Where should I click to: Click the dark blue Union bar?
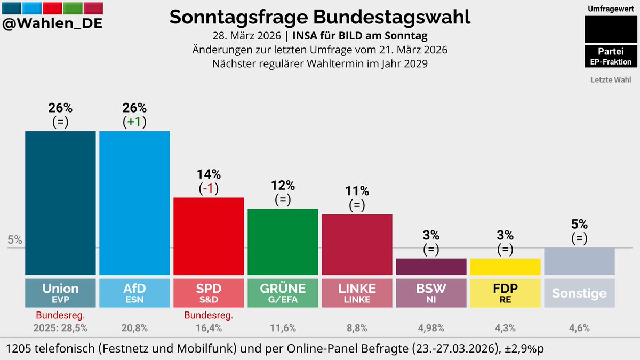pos(60,203)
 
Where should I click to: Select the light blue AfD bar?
pos(134,203)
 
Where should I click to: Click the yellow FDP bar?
pos(505,266)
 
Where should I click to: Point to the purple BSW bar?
pos(431,266)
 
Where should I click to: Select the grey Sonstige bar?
pos(579,261)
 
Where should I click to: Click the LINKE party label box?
pos(357,292)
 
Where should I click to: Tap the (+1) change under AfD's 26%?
pos(134,122)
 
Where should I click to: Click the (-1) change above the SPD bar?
pos(209,188)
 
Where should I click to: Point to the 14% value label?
pos(209,174)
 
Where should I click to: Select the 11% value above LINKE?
pos(357,191)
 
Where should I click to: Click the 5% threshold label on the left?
pos(15,240)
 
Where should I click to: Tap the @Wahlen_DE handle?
pos(53,23)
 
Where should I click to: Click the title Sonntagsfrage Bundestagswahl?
pos(320,17)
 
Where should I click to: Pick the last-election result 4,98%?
pos(431,329)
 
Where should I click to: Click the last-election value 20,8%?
pos(134,329)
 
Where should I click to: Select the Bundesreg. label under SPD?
pos(209,316)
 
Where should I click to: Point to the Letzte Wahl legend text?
pos(611,80)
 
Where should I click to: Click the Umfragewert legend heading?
pos(611,9)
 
